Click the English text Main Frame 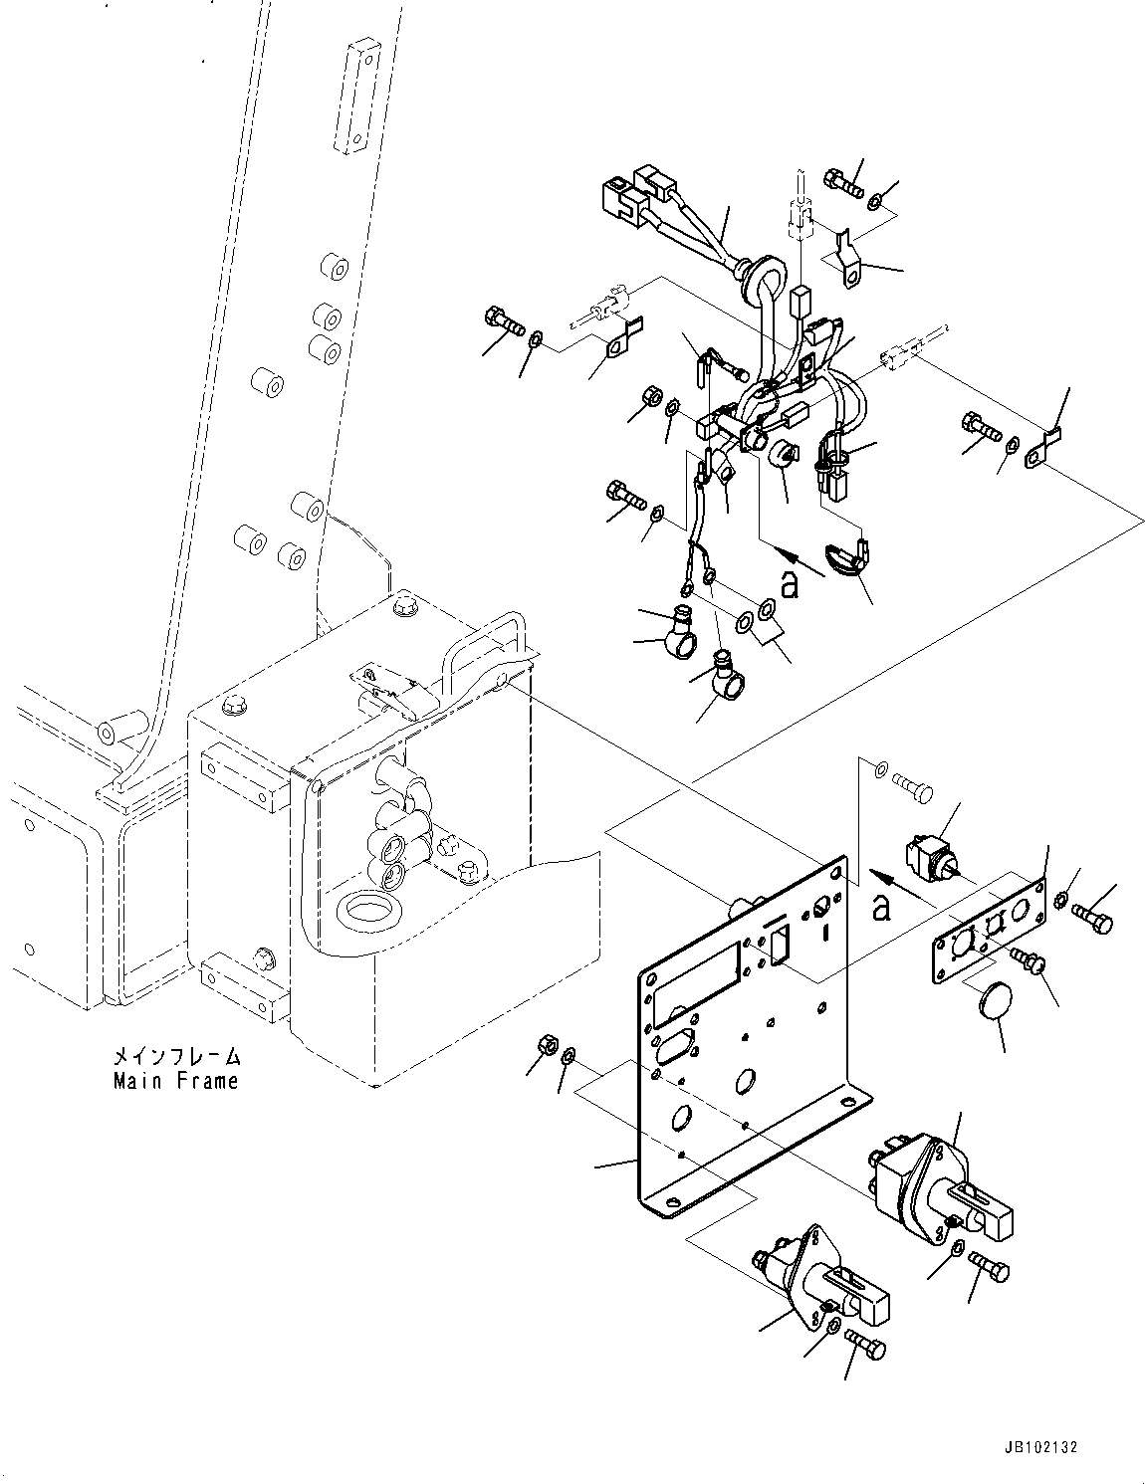175,1080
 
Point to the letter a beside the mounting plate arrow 880,908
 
